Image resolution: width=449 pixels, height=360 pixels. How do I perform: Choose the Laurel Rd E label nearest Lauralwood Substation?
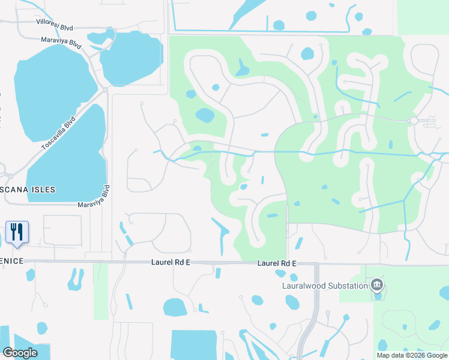click(277, 263)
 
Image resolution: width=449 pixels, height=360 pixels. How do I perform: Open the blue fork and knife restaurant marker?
click(16, 232)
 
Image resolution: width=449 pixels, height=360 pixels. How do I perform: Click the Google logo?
click(20, 353)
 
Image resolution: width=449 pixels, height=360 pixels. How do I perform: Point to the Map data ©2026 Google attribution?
click(412, 355)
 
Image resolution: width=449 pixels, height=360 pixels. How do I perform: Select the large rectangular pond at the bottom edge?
click(193, 345)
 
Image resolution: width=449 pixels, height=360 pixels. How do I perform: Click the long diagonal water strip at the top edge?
click(246, 12)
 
